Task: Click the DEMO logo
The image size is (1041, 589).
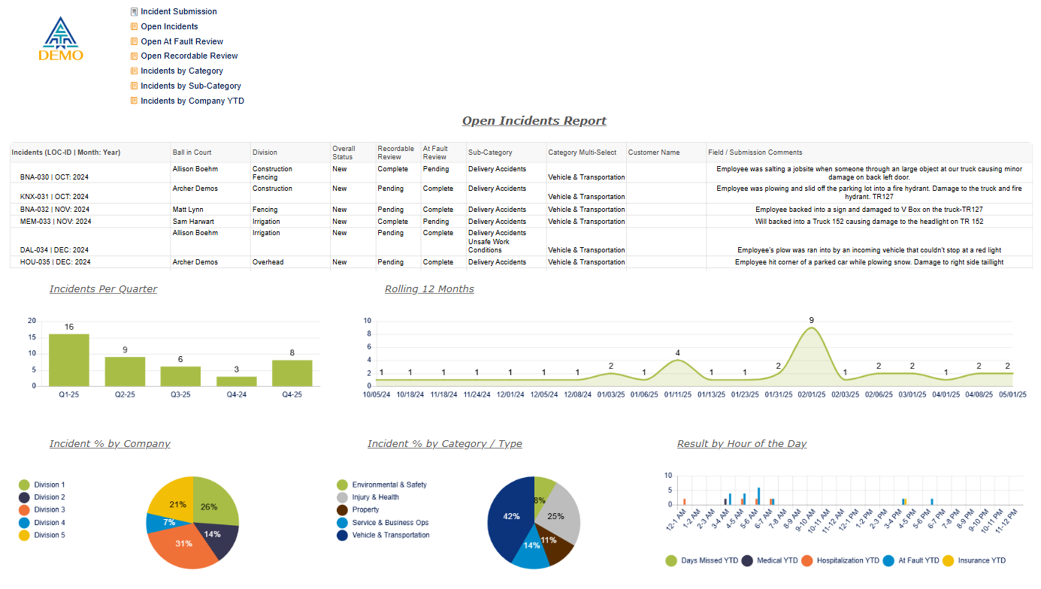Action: coord(61,39)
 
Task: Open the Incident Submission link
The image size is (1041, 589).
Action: coord(178,12)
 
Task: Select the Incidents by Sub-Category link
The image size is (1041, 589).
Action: coord(190,86)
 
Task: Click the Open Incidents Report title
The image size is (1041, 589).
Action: coord(534,121)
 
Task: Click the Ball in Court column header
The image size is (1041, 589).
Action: coord(192,153)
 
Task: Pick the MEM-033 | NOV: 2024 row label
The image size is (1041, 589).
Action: coord(56,222)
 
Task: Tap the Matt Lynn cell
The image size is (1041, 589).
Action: coord(189,210)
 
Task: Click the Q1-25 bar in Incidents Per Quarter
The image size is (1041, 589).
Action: coord(69,360)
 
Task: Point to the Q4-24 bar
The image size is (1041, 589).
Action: coord(237,381)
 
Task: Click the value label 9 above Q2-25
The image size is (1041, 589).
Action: coord(125,350)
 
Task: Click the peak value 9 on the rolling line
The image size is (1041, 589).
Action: coord(812,321)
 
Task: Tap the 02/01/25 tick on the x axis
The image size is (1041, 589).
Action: coord(812,394)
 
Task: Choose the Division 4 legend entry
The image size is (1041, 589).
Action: coord(49,523)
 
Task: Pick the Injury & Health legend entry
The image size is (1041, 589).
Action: coord(375,497)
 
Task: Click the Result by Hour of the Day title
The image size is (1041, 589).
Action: coord(741,444)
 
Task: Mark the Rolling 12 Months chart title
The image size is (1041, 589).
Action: coord(429,289)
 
